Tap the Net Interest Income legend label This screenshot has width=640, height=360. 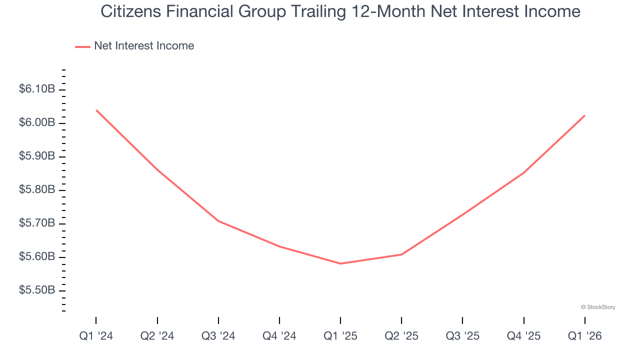(x=144, y=46)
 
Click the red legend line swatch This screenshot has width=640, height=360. (x=82, y=46)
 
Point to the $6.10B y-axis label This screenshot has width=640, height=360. (x=37, y=89)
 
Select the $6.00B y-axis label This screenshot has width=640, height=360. (x=37, y=123)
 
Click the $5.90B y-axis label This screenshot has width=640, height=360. (x=37, y=156)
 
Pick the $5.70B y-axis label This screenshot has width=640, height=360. (x=37, y=223)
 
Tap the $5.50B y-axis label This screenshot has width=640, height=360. (x=37, y=290)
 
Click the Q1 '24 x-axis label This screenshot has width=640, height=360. (x=96, y=336)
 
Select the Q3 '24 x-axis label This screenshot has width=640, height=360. (x=218, y=336)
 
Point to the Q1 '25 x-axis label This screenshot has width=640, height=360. (x=340, y=336)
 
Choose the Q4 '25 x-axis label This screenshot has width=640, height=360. (x=523, y=336)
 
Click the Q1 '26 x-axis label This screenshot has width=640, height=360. (x=584, y=336)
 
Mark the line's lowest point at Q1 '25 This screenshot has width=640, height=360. (x=340, y=263)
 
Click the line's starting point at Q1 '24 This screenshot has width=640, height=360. (x=96, y=110)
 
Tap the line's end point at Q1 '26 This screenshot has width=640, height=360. (x=584, y=115)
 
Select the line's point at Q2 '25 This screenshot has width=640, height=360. (x=401, y=254)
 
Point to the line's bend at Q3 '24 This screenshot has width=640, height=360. (x=218, y=220)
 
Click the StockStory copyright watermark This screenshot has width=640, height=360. (x=598, y=307)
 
